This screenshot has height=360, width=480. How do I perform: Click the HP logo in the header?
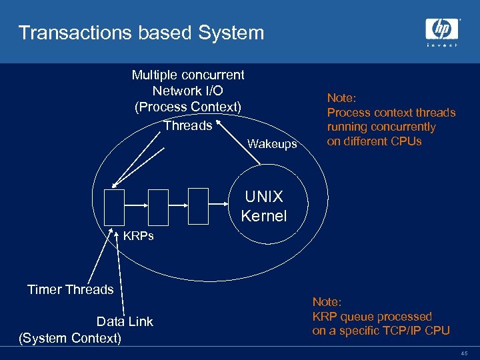(442, 30)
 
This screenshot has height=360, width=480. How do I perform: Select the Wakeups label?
(272, 144)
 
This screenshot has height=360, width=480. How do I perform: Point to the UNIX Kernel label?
(264, 206)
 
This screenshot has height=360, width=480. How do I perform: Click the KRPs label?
(139, 236)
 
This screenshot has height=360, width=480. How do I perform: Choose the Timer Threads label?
(70, 289)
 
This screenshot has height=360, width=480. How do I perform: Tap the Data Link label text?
(125, 321)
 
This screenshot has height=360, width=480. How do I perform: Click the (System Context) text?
(70, 338)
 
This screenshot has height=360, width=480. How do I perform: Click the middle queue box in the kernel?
(159, 208)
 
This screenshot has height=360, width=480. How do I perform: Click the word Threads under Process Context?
(187, 125)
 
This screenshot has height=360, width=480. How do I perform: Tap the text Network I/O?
(187, 91)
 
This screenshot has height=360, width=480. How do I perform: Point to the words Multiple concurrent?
(187, 75)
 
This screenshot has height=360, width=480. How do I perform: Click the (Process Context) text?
(187, 107)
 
